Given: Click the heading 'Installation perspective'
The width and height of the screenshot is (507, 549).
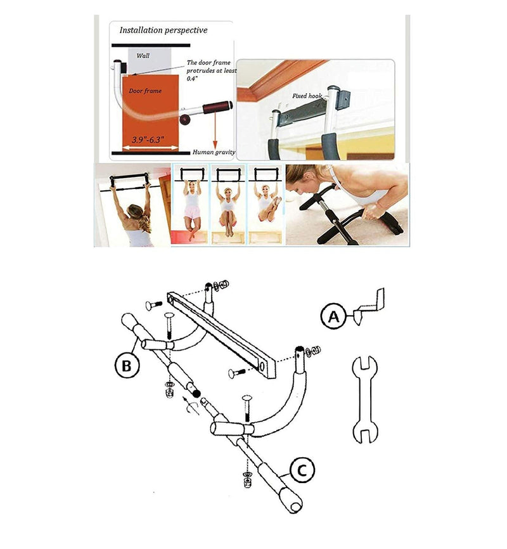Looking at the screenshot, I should (x=164, y=30).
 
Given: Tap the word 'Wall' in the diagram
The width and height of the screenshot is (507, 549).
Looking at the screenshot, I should (x=143, y=56).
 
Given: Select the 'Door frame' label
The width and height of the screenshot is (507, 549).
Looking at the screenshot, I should (x=145, y=91).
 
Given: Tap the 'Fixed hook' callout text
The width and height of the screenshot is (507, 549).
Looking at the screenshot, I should (x=307, y=96).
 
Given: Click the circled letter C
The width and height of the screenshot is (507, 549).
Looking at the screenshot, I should (x=302, y=470).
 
